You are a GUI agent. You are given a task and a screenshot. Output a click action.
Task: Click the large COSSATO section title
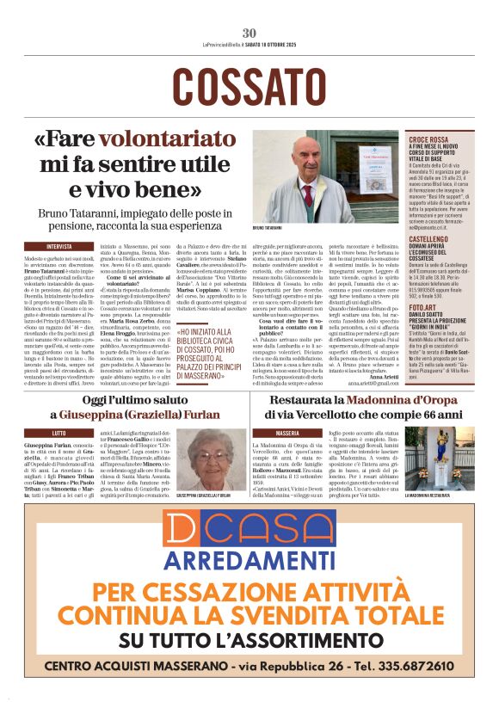pyautogui.click(x=249, y=86)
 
